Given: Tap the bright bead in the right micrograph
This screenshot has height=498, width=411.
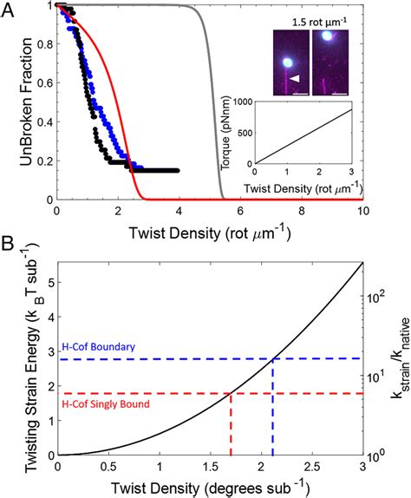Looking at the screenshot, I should point(328,37).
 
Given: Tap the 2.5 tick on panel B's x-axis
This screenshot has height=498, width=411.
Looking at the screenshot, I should point(310,467).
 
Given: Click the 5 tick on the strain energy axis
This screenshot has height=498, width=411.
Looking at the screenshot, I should point(48,284).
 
